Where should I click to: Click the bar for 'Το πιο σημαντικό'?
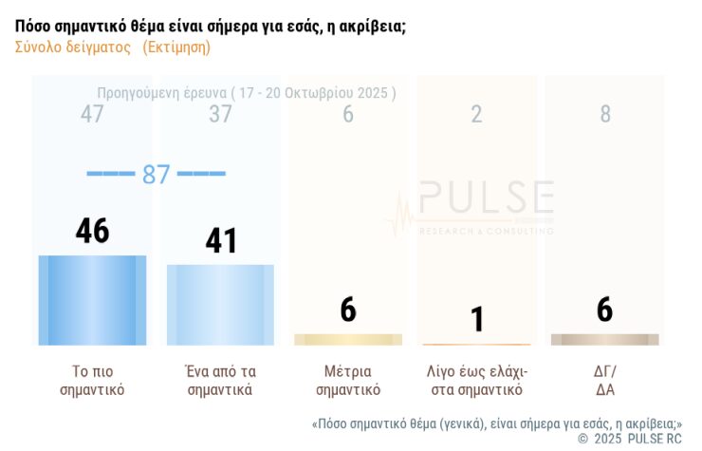[92, 300]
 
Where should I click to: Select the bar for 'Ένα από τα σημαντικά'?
[220, 305]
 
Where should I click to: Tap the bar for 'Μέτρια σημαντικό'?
[348, 339]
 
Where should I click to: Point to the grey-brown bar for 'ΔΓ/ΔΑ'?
[604, 339]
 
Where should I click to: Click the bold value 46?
[92, 231]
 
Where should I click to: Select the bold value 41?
[221, 240]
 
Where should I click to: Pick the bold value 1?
[476, 319]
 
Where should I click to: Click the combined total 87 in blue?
[156, 175]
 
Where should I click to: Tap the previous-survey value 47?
[92, 115]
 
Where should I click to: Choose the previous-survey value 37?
[220, 115]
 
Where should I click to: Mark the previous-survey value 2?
[476, 115]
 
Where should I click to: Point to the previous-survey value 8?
[605, 115]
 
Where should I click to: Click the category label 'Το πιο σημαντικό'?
[92, 380]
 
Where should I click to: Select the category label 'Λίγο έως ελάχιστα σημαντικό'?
[476, 380]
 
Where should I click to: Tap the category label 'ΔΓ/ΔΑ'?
[604, 380]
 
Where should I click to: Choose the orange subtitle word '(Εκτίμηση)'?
[176, 47]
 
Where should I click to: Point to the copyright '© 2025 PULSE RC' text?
[630, 439]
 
